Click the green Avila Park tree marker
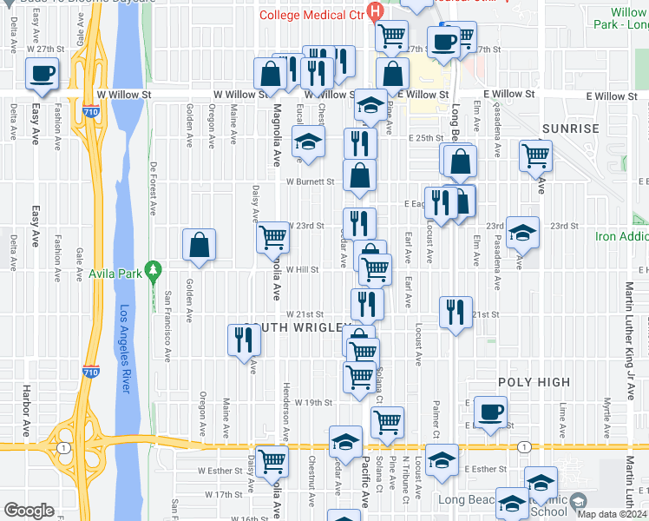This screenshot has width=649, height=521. pos(153,269)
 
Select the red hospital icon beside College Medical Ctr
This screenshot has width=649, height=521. pos(375,12)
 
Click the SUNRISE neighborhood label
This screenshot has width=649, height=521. pos(570,129)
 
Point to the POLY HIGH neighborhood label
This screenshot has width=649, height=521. pos(534,382)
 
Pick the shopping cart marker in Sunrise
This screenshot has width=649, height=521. pos(535,156)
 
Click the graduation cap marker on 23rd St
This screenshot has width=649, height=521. pos(522,232)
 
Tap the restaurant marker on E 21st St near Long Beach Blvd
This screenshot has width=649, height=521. pos(456,312)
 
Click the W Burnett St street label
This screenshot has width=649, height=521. pos(311,182)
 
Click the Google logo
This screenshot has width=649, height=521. pos(29,510)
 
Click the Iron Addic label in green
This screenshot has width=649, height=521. pos(621,236)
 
